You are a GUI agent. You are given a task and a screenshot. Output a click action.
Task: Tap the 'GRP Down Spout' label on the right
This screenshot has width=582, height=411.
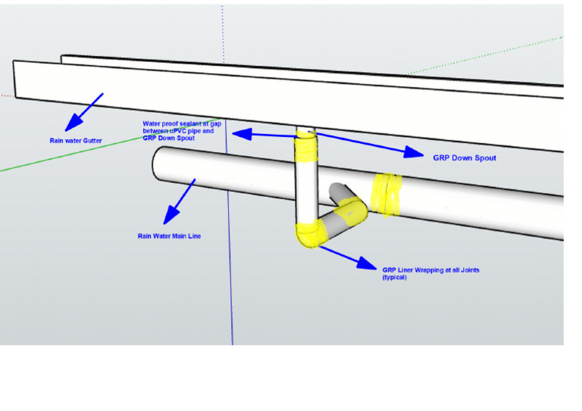(464, 158)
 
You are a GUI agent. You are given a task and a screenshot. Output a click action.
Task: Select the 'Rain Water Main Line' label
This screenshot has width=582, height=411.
(169, 235)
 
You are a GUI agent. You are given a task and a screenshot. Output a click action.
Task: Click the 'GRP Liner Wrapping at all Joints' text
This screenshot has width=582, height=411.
(430, 269)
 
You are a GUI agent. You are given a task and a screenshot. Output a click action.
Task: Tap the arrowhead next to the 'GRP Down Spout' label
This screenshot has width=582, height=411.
(413, 152)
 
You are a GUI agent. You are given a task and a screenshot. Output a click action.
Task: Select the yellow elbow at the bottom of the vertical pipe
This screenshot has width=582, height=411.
(310, 235)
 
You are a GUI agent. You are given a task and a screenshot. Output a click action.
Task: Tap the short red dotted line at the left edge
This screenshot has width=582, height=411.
(6, 95)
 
